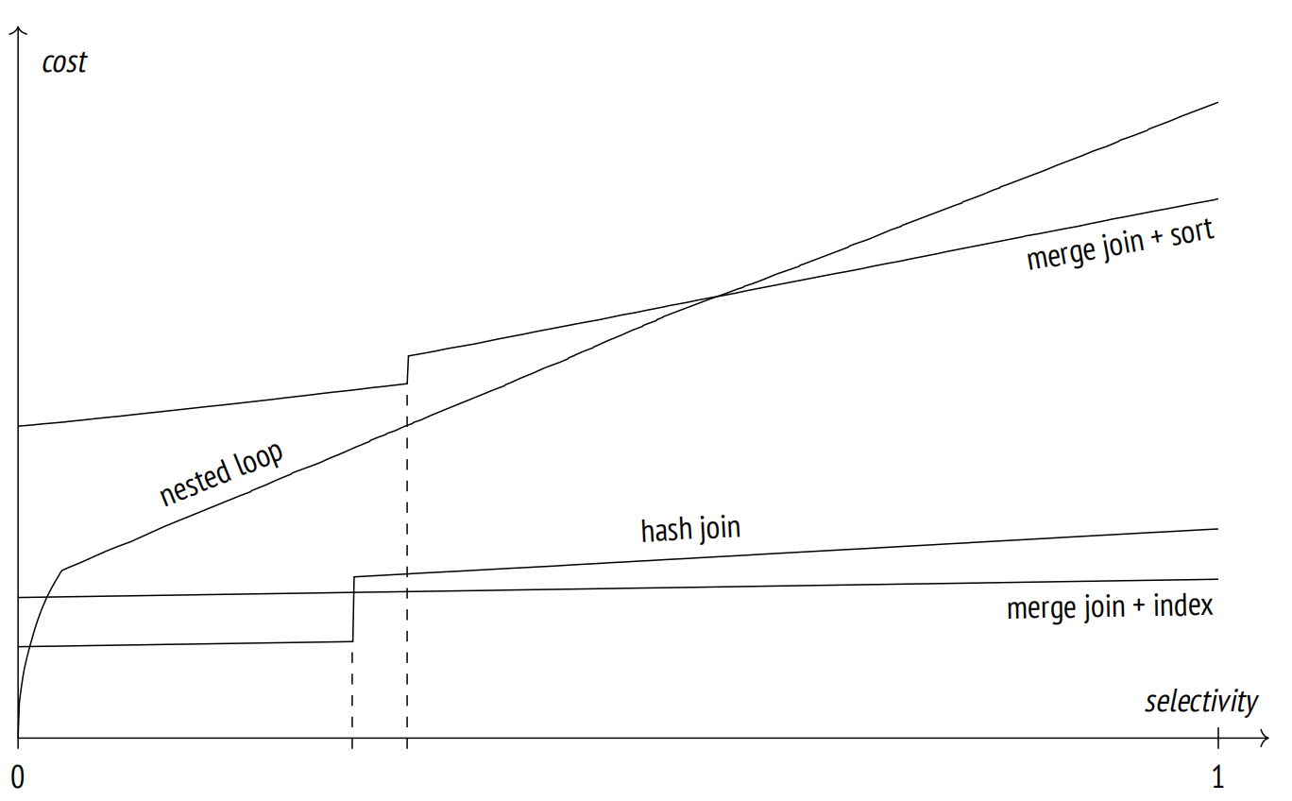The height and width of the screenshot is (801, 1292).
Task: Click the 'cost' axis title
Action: coord(64,62)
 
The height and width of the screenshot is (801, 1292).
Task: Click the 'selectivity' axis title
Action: coord(1201,703)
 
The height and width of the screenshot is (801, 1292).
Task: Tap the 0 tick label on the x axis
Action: coord(18,777)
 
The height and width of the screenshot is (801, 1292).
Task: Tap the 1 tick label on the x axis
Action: coord(1217,777)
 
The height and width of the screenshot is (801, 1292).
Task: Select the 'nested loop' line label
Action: coord(222,474)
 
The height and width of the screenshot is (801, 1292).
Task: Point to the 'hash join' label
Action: coord(690,529)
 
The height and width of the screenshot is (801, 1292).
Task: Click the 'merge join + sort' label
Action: coord(1121,245)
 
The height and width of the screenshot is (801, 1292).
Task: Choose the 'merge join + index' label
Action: coord(1110,607)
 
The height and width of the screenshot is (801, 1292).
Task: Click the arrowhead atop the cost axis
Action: coord(19,30)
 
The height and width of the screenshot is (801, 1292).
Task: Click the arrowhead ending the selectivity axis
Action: coord(1265,738)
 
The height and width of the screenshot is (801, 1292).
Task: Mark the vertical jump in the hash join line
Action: coord(353,609)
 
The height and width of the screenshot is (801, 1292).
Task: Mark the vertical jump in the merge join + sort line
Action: coord(408,369)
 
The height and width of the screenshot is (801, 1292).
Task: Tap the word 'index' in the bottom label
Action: coord(1183,606)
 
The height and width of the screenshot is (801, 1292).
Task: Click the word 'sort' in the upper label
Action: coord(1193,233)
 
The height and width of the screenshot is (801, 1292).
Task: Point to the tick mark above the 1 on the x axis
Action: coord(1218,738)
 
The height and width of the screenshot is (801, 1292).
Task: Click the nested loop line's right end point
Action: coord(1218,102)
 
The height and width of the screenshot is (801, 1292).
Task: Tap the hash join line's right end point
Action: coord(1218,529)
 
